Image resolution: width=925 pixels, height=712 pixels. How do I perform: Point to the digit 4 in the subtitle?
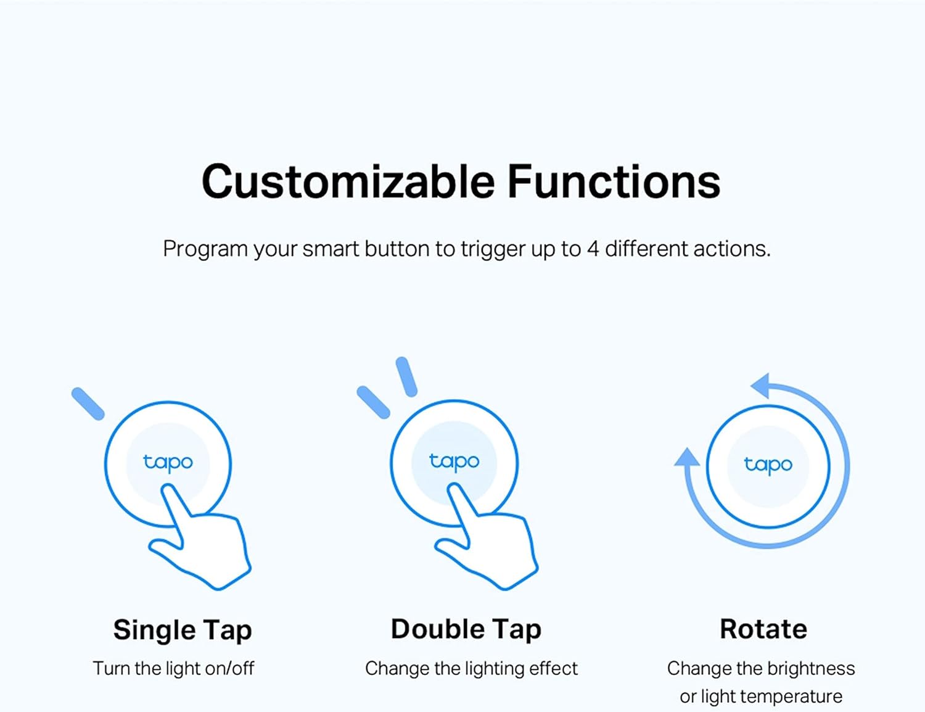coord(593,249)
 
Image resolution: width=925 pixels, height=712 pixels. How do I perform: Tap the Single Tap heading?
coord(183,630)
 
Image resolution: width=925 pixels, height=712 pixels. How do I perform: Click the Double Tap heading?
coord(466,629)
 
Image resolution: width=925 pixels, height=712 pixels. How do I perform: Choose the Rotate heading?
coord(763,629)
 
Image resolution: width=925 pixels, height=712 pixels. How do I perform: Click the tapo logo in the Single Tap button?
coord(168,462)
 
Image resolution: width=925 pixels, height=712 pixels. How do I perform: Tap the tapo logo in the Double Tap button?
coord(454,462)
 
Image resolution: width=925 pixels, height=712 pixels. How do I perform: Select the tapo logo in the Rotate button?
coord(768,465)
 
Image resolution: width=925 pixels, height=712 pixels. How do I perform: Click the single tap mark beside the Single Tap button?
coord(88,404)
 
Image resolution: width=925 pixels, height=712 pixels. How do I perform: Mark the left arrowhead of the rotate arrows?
coord(686,457)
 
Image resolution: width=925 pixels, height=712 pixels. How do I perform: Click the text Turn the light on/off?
coord(173,668)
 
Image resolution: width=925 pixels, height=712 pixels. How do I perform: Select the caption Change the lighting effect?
coord(471,668)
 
